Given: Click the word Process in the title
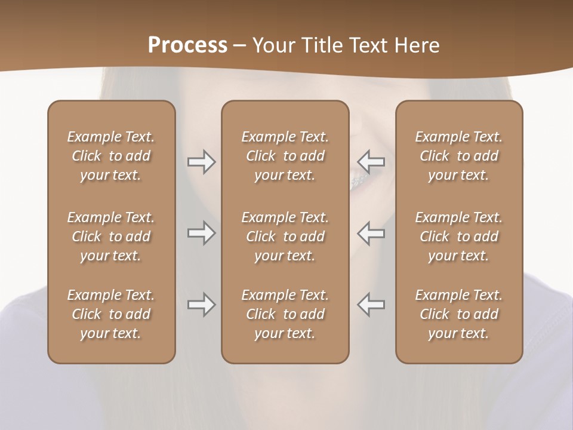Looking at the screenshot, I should (x=187, y=45).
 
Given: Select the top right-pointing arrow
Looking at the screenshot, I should (x=201, y=162).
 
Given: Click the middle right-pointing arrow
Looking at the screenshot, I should (x=201, y=233).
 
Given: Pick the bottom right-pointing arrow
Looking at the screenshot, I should (x=201, y=305).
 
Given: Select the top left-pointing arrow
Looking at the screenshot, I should (x=371, y=162).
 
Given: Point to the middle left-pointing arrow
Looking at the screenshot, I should (x=371, y=233).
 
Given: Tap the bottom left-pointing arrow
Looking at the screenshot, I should (x=371, y=305).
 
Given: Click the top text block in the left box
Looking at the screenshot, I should (x=111, y=156).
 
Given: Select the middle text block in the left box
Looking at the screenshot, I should (x=111, y=236).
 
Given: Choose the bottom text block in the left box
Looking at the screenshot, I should (x=111, y=314).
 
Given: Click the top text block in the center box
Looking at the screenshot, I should (x=285, y=156).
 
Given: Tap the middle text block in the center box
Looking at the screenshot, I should (x=285, y=236).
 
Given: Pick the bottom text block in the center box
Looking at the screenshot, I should (x=285, y=314).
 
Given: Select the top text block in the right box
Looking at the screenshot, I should (x=459, y=156).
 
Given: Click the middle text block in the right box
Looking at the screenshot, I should (x=459, y=236).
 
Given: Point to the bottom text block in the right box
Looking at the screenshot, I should (x=459, y=314).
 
